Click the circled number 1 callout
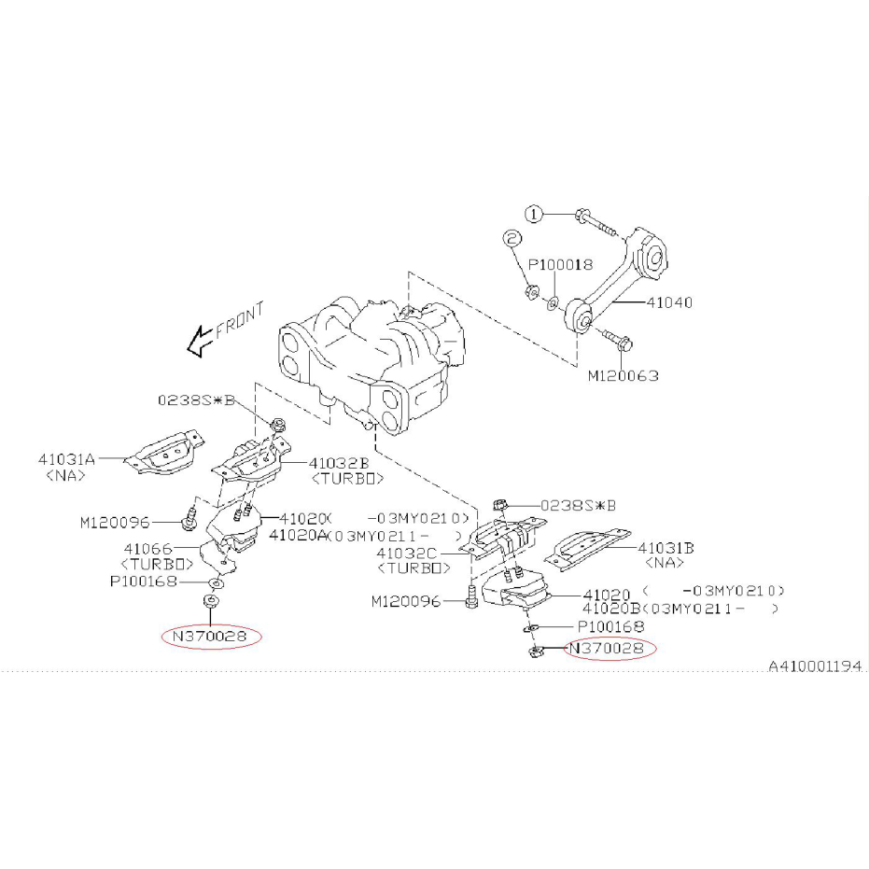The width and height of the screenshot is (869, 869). pos(534,214)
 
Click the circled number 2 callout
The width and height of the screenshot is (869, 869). pos(512,238)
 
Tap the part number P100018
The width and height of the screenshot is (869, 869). pos(560,264)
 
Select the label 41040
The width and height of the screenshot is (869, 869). pos(669,302)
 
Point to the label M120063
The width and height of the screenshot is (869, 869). pos(623,376)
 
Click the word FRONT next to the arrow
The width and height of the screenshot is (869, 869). pos(239,320)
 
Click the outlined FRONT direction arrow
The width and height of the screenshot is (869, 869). pos(200,341)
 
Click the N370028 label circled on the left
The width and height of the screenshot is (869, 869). pos(209,637)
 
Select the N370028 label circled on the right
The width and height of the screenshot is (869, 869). pos(607,648)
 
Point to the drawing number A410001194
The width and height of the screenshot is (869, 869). pos(815,666)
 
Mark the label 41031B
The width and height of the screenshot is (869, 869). pos(666,548)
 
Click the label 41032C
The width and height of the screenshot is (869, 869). pos(406,554)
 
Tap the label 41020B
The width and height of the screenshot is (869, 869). pos(611,608)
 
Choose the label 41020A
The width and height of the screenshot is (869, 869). pos(298,535)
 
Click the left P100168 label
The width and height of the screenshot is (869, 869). pos(144,582)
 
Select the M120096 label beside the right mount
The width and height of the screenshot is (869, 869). pos(406,601)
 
